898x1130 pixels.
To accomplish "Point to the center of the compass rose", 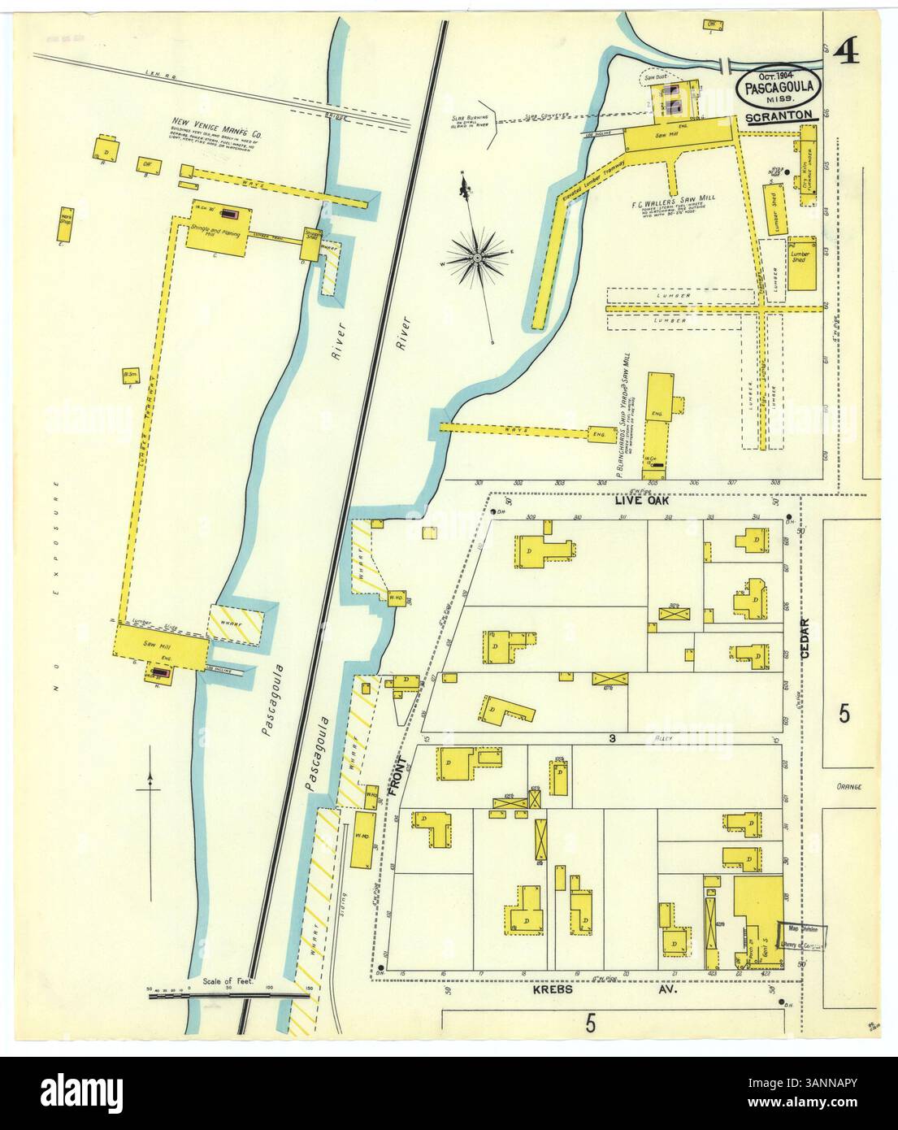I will point(478,259).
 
